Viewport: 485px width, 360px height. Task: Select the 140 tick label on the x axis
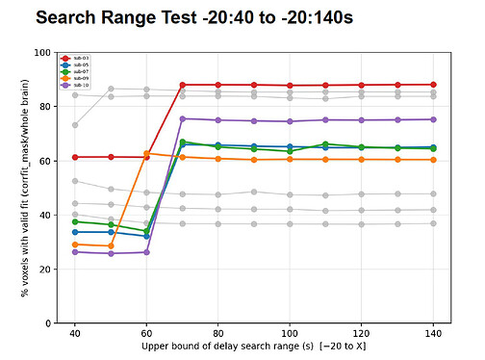pyautogui.click(x=434, y=333)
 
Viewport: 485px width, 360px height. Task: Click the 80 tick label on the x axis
pyautogui.click(x=218, y=333)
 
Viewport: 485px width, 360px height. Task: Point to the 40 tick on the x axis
pyautogui.click(x=75, y=333)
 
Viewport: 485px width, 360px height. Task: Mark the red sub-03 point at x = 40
pyautogui.click(x=75, y=157)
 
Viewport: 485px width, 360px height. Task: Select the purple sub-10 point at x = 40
pyautogui.click(x=75, y=252)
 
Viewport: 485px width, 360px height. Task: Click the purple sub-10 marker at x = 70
pyautogui.click(x=183, y=119)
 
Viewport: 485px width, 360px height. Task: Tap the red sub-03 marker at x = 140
pyautogui.click(x=434, y=85)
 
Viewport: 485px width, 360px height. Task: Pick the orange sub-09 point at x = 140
pyautogui.click(x=434, y=160)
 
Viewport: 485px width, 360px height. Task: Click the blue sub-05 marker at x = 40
pyautogui.click(x=75, y=232)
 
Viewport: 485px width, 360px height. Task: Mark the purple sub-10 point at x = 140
pyautogui.click(x=434, y=119)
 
